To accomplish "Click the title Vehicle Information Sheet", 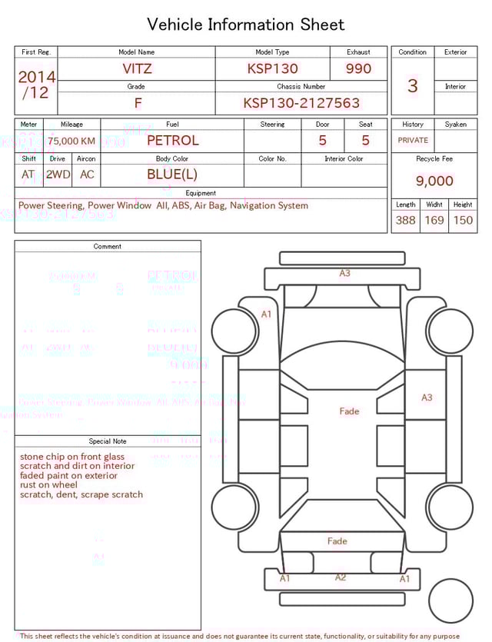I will click(x=246, y=25).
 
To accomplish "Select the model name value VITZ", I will click(x=137, y=68).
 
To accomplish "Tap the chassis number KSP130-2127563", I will click(x=301, y=103).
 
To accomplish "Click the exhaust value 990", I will click(x=358, y=68).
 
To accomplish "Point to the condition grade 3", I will click(x=413, y=85).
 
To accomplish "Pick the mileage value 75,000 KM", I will click(x=71, y=141).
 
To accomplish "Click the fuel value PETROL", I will click(x=172, y=141).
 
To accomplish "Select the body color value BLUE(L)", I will click(x=172, y=175).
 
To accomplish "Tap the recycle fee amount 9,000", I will click(x=434, y=181).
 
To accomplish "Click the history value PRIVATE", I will click(x=413, y=141).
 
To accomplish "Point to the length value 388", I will click(x=405, y=220).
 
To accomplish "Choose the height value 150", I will click(x=463, y=220).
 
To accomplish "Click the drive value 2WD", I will click(x=58, y=175).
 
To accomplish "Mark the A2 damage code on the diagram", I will click(x=341, y=577).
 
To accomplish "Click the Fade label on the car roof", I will click(x=349, y=411).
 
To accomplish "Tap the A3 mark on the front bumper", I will click(x=345, y=273).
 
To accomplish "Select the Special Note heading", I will click(x=108, y=441).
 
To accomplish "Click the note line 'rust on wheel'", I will click(x=48, y=485).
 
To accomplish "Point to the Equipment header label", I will click(x=201, y=193).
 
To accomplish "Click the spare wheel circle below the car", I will click(x=450, y=600).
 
